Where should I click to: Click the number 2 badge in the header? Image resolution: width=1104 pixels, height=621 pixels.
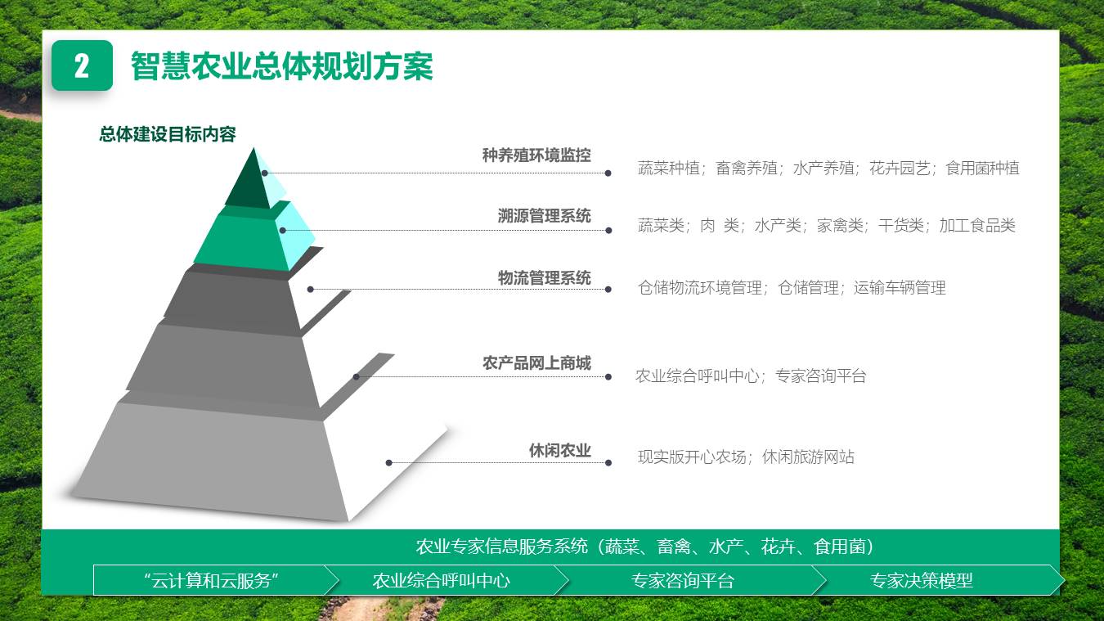point(82,65)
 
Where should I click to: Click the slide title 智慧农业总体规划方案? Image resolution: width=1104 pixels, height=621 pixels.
point(281,66)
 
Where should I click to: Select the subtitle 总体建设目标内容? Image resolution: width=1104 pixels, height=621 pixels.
point(168,134)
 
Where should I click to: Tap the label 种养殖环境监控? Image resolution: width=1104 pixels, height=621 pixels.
point(536,155)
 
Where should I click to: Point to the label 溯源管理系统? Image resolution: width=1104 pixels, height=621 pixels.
point(544,216)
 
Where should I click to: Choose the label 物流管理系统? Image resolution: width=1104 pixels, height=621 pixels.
point(544,278)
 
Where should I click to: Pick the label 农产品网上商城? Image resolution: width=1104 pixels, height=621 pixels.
point(536,363)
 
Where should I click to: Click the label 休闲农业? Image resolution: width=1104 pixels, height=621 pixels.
point(559,450)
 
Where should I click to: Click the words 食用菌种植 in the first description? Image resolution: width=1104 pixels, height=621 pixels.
point(982,169)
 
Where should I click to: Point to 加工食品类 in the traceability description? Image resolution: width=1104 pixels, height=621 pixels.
point(977,226)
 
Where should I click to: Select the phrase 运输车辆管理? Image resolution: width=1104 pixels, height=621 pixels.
point(900,288)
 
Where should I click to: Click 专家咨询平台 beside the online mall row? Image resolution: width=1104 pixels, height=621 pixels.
point(820,376)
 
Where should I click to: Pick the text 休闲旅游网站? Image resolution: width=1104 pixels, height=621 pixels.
point(808,457)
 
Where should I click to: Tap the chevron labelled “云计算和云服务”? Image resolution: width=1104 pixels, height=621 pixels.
point(212,581)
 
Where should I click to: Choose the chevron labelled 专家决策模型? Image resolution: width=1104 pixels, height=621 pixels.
point(922,581)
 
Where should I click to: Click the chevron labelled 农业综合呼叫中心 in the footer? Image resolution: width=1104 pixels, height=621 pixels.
point(442,581)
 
